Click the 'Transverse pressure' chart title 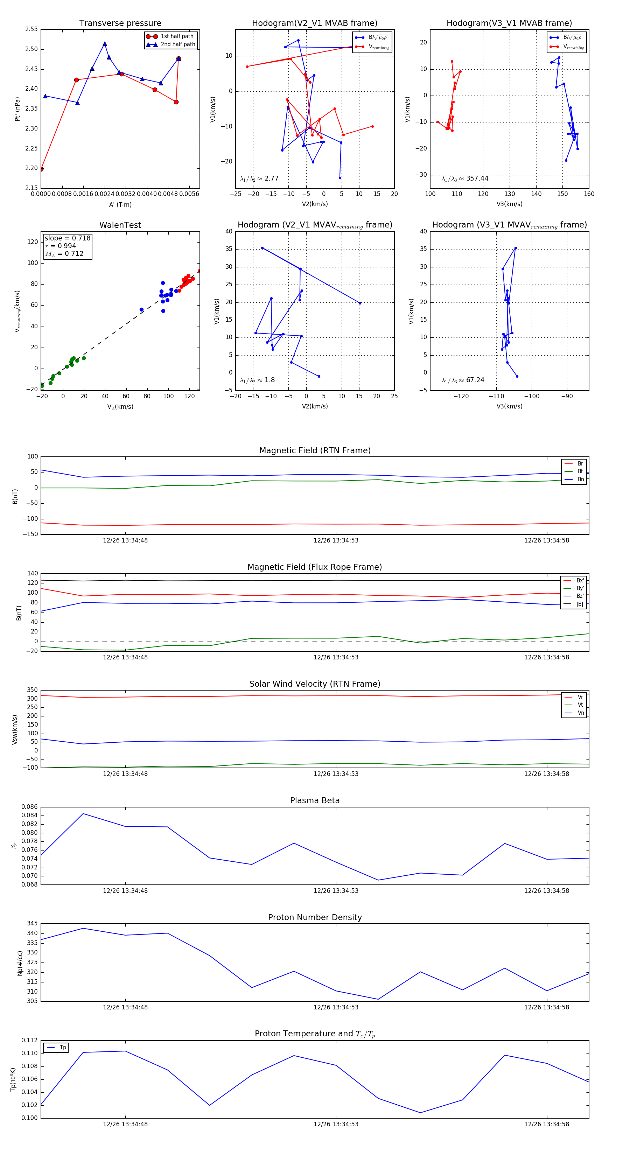(120, 23)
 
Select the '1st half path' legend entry (177, 36)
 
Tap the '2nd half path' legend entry (177, 44)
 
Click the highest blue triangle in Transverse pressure (105, 44)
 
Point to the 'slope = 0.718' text (67, 238)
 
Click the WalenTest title (120, 225)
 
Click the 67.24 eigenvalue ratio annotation (463, 380)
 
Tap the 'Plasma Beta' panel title (315, 800)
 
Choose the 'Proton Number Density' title (315, 917)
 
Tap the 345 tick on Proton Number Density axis (32, 924)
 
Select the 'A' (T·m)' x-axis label (120, 204)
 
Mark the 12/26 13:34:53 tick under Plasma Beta (336, 890)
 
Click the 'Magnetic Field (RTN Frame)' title (315, 450)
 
